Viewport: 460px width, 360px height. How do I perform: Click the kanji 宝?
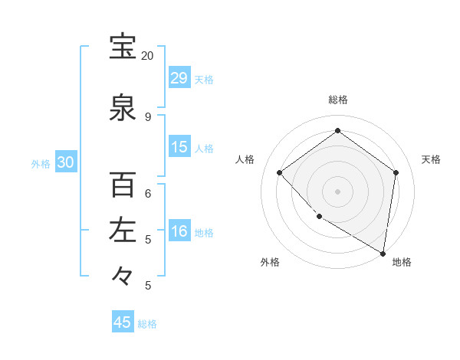[123, 47]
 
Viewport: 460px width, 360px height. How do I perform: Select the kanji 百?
[123, 185]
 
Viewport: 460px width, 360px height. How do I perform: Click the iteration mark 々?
[123, 275]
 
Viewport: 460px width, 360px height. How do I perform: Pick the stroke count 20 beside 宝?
[148, 56]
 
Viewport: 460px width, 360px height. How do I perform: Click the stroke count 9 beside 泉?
[148, 116]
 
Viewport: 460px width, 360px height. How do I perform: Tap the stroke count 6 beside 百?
[148, 193]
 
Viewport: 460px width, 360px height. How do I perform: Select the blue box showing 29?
[179, 78]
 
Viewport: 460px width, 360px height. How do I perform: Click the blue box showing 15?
[179, 147]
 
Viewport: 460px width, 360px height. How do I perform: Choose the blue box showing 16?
[179, 231]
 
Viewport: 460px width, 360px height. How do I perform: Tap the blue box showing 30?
[65, 162]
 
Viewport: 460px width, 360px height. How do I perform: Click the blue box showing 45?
[123, 322]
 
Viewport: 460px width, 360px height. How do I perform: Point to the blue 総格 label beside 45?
[147, 324]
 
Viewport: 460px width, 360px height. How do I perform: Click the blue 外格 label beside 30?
[41, 163]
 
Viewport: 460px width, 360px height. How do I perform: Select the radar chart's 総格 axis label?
[338, 100]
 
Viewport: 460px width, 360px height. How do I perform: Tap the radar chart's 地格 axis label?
[402, 262]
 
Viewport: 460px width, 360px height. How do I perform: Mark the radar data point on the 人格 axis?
[280, 173]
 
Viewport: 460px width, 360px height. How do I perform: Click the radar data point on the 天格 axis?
[396, 173]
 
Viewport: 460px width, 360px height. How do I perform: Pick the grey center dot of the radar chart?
[337, 191]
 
